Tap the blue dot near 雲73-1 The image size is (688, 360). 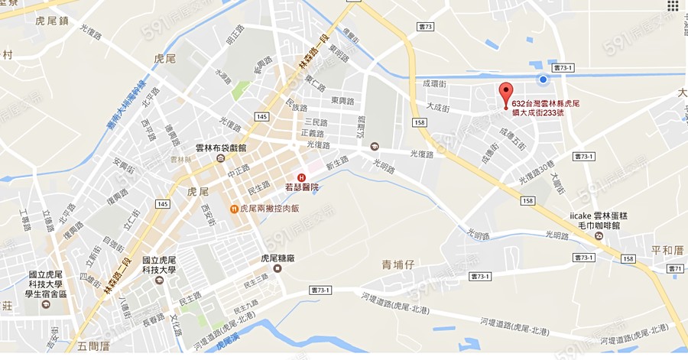coord(543,79)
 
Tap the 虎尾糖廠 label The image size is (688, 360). coord(277,258)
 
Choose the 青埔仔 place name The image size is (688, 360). coord(398,264)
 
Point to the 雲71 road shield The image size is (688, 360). coord(674,268)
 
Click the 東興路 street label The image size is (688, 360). coord(342,101)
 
